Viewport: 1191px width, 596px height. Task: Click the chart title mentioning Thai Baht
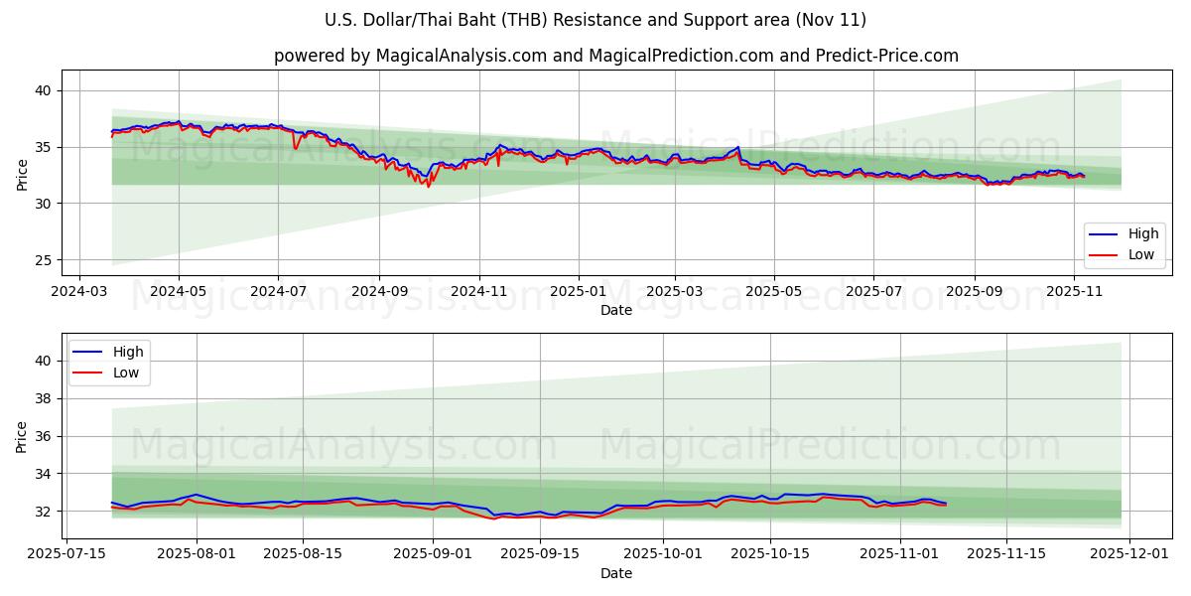595,20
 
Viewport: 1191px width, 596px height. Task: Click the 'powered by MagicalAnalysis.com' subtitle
615,56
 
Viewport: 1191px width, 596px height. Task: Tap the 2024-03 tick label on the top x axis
79,292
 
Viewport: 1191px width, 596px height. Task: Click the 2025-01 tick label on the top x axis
578,292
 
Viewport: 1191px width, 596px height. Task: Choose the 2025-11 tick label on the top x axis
1075,292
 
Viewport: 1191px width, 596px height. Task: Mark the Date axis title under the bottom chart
615,573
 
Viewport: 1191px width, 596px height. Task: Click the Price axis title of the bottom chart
22,436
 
